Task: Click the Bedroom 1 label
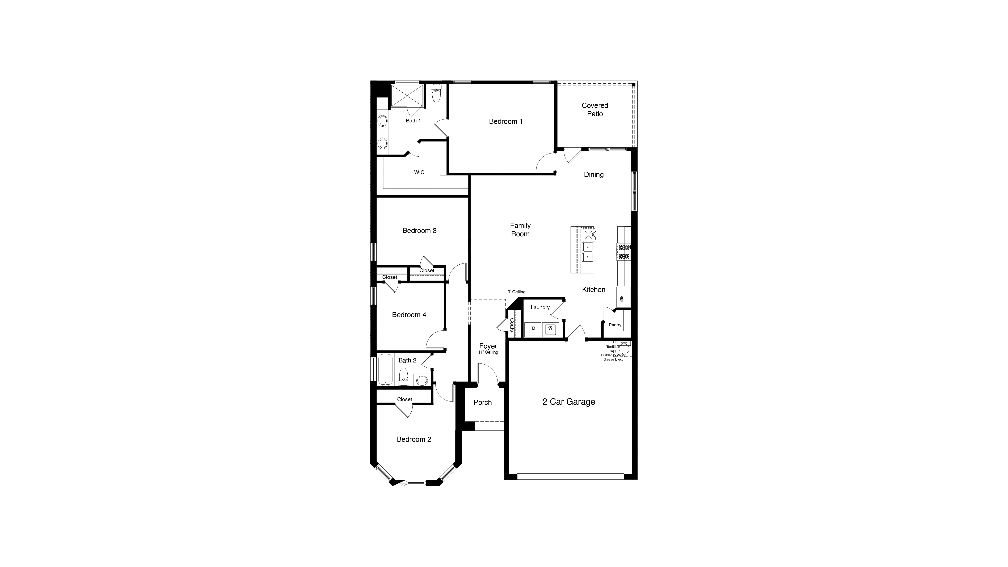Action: coord(505,121)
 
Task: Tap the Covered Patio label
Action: coord(595,110)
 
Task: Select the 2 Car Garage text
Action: coord(568,402)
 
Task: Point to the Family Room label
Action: coord(520,230)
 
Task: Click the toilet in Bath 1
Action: coord(436,94)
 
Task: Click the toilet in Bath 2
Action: coord(403,377)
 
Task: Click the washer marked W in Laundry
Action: coord(550,328)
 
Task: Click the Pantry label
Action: coord(615,325)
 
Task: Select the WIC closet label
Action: coord(419,172)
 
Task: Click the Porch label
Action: coord(483,402)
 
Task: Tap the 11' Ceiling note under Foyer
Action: coord(488,353)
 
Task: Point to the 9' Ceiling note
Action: coord(517,292)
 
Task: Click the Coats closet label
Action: coord(511,325)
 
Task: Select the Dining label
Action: coord(594,175)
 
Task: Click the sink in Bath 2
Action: coord(422,379)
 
